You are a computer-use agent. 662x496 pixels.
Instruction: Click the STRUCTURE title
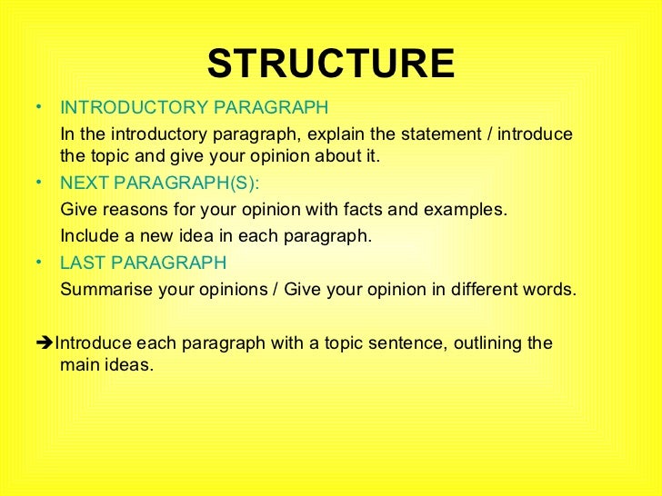pos(330,64)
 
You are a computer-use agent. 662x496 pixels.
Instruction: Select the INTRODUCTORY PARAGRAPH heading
pos(194,108)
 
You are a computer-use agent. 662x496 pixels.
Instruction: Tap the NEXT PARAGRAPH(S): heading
pos(159,183)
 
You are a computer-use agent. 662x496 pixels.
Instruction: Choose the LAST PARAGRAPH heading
pos(143,263)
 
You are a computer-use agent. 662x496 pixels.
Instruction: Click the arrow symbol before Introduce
pos(46,343)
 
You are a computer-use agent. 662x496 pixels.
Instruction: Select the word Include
pos(87,236)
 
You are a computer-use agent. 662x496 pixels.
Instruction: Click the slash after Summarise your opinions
pos(276,291)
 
